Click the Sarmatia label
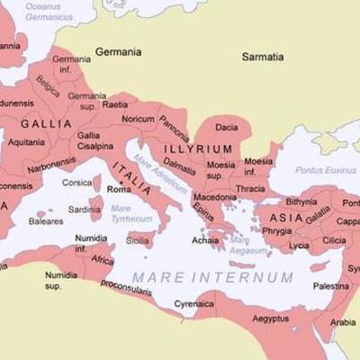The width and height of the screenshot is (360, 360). [263, 57]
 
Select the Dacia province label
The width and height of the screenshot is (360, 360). [229, 128]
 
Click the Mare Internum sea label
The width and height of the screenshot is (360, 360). [212, 276]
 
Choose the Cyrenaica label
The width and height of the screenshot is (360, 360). [194, 303]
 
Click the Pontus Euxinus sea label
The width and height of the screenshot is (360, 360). [307, 168]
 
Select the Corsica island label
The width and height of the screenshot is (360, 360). [77, 183]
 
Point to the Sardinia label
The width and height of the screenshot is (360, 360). [85, 210]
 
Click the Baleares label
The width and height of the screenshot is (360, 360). [46, 220]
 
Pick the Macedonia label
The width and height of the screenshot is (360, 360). [215, 196]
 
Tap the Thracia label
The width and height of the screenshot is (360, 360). [251, 189]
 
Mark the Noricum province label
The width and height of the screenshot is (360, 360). [139, 119]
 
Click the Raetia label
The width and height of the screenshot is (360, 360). [115, 104]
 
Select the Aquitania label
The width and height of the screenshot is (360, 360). [27, 142]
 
